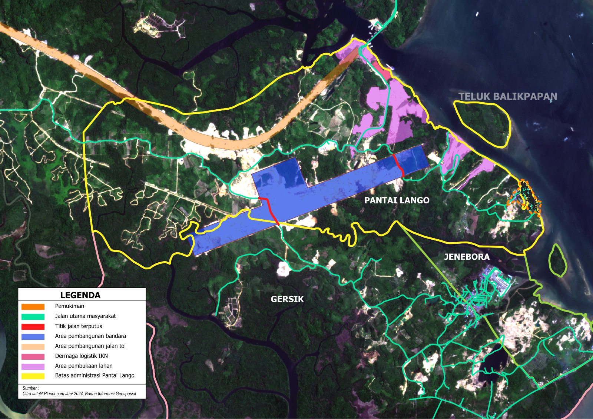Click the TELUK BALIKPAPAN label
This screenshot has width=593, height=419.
pos(507,96)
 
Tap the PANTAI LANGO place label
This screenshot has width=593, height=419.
pos(397,200)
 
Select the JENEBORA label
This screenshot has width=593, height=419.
pos(467,257)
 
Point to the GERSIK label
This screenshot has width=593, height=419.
pos(287,299)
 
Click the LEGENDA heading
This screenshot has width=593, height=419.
pos(80,295)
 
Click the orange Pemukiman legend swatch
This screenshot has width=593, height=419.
pos(33,307)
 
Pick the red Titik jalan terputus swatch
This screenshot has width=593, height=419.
pos(33,327)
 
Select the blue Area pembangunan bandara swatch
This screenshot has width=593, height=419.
pos(33,337)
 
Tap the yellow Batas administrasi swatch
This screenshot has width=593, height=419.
pos(33,376)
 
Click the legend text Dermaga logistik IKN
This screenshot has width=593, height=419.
pos(82,356)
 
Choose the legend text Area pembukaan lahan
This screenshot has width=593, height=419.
pos(84,366)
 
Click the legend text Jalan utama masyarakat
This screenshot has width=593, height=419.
pos(85,316)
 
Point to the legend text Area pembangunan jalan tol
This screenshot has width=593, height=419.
pos(90,346)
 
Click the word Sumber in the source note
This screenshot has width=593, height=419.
pos(30,388)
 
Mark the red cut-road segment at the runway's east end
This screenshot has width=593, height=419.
pos(399,165)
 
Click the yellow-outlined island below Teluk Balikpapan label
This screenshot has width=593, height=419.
pos(482,122)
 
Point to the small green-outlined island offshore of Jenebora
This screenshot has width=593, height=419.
pos(557,260)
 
